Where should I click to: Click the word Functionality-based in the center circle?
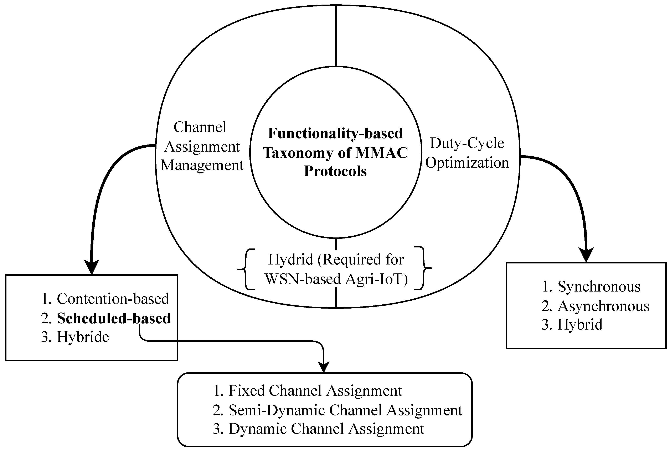coord(335,133)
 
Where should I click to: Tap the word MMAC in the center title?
coord(382,153)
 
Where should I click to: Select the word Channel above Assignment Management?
coord(200,127)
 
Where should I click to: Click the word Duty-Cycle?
coord(467,143)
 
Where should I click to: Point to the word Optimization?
coord(467,163)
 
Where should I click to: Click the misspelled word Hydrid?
coord(290,259)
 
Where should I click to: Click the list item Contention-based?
coord(113,299)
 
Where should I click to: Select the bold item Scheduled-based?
coord(114,318)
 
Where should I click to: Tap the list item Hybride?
coord(83,337)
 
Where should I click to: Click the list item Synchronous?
coord(599,287)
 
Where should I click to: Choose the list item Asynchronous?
coord(603,306)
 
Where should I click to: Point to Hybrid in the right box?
coord(580,325)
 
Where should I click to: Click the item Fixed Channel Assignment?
coord(315,391)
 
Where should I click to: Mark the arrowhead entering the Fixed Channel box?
coord(324,367)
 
